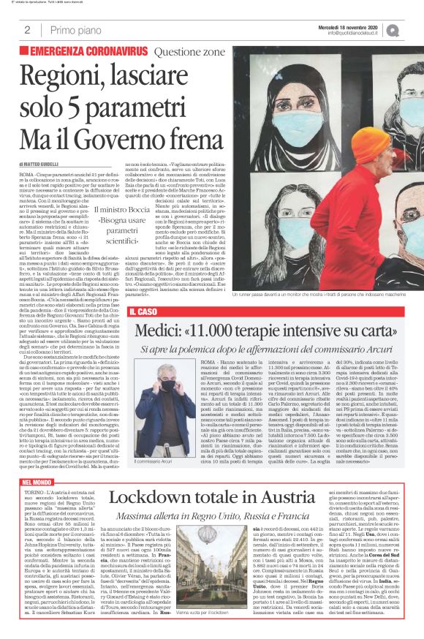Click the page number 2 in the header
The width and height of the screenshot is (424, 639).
click(26, 30)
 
